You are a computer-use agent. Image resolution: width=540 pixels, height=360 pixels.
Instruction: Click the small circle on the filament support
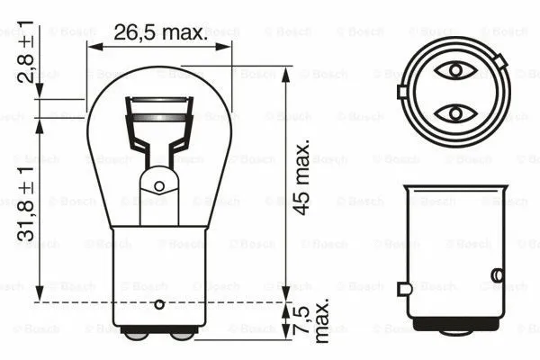(159, 186)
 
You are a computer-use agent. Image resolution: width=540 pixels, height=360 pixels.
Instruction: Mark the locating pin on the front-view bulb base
(160, 304)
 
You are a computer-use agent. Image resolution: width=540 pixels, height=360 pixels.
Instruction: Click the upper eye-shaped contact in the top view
(454, 70)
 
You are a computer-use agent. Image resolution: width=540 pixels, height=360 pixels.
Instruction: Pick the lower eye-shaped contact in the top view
(454, 112)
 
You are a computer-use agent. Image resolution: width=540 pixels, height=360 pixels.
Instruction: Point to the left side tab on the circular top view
(401, 91)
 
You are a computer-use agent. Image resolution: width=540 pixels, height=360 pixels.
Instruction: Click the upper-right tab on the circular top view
(499, 61)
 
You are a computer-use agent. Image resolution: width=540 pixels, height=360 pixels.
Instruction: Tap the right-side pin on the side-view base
(496, 274)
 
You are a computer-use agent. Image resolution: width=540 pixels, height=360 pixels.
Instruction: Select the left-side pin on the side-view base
(404, 288)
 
